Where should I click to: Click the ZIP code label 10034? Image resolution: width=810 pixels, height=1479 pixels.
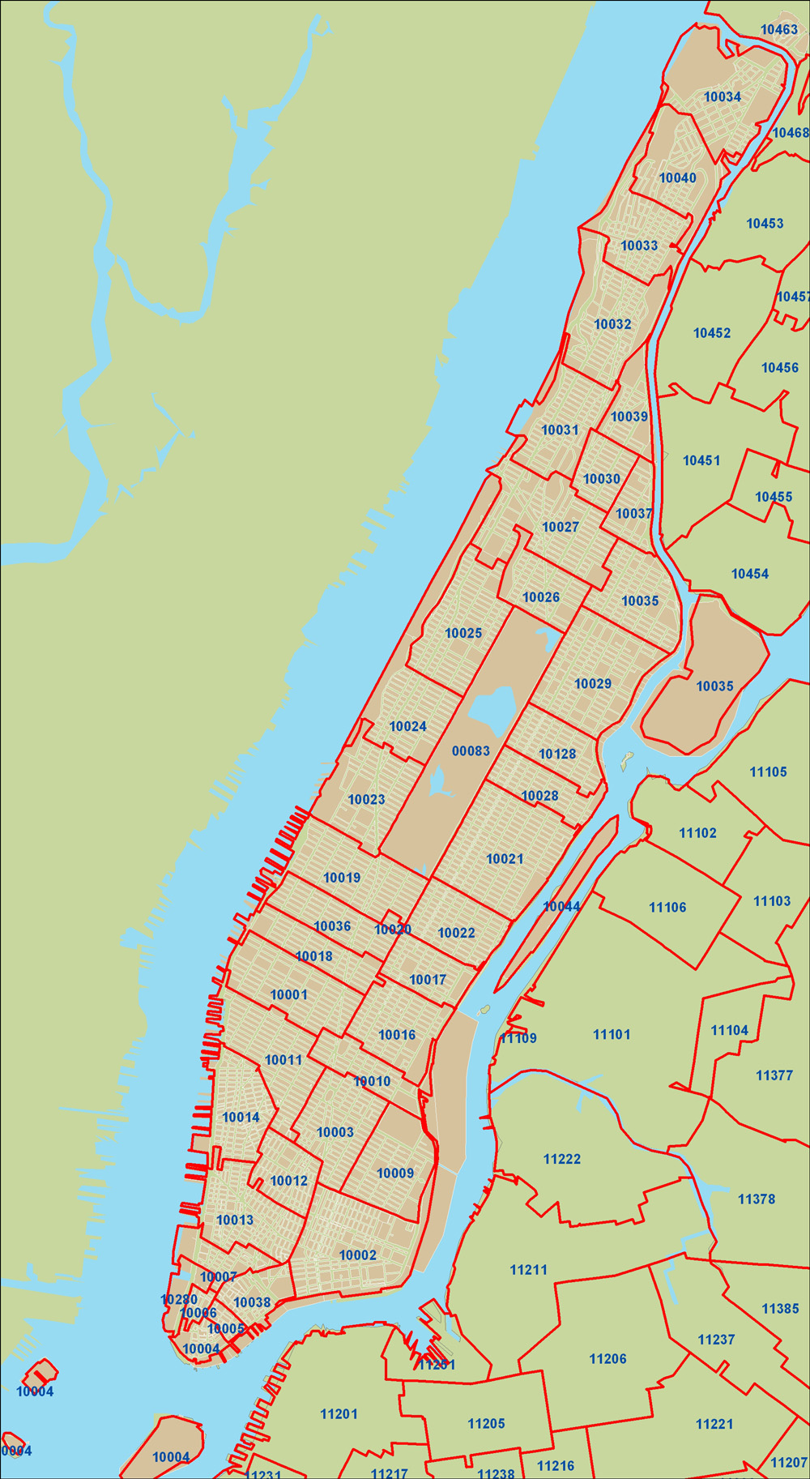click(722, 97)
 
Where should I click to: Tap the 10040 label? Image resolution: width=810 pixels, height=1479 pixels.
click(677, 178)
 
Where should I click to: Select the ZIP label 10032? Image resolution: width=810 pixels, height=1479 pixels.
click(612, 324)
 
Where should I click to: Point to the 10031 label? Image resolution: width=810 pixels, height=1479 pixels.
click(560, 430)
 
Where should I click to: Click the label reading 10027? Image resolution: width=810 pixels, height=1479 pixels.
click(561, 528)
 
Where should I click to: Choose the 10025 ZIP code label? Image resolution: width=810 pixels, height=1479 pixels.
click(463, 634)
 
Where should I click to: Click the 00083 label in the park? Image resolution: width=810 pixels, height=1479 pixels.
click(471, 751)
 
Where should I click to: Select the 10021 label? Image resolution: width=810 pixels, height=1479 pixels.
click(505, 859)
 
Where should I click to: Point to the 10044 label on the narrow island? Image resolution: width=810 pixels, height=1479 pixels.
click(561, 907)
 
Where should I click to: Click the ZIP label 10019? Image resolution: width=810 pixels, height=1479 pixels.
click(342, 878)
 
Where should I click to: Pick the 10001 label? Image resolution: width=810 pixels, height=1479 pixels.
click(288, 995)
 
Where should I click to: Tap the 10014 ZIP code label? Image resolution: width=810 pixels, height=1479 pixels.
click(241, 1118)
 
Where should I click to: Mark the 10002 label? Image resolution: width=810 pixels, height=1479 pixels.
click(357, 1255)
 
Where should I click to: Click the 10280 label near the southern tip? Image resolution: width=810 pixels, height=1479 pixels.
click(179, 1300)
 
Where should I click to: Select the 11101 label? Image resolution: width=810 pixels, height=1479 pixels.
click(612, 1034)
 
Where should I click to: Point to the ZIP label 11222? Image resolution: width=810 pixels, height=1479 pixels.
click(562, 1160)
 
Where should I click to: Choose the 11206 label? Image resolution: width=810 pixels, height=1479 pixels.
click(607, 1359)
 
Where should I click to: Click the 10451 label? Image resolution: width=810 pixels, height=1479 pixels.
click(701, 460)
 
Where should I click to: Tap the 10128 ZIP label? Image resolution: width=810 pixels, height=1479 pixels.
click(557, 754)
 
